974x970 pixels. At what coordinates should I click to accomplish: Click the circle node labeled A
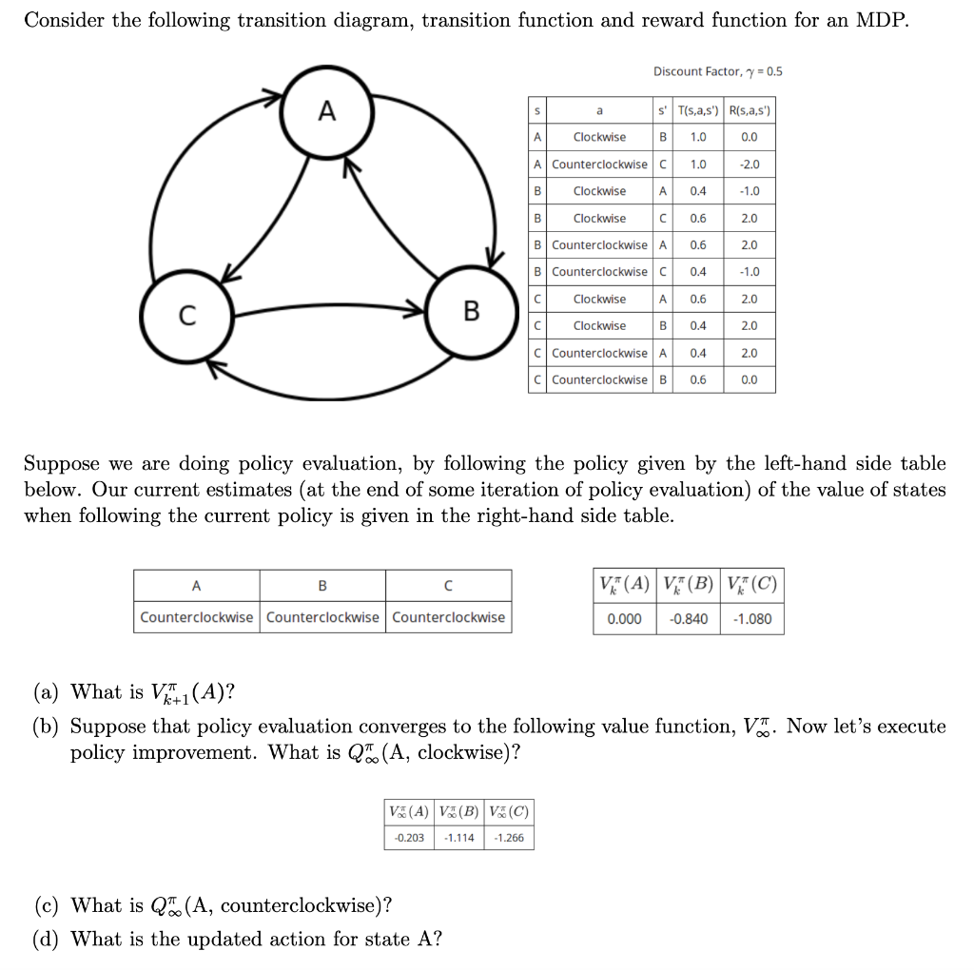(326, 111)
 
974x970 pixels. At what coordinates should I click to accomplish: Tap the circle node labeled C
(187, 314)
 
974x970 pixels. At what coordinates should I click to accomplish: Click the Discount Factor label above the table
(717, 71)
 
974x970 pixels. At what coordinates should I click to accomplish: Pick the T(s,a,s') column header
(698, 110)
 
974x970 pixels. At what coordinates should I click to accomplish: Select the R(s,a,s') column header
(750, 110)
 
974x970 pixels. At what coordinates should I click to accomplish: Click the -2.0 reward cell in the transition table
(750, 165)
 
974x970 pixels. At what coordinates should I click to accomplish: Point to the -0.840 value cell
(689, 619)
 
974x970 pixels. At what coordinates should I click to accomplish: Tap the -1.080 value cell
(752, 619)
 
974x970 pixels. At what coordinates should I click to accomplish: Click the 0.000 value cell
(625, 619)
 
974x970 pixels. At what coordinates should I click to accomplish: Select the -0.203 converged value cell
(409, 838)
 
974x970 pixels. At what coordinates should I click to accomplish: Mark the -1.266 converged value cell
(508, 838)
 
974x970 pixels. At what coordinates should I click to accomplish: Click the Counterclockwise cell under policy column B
(322, 617)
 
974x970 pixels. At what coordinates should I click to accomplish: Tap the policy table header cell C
(448, 585)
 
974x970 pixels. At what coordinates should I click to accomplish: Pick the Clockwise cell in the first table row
(599, 137)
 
